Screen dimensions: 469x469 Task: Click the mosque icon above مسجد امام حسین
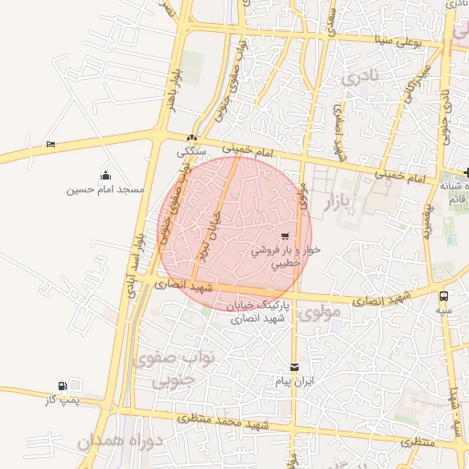[105, 175]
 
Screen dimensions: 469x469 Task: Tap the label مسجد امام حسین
[105, 190]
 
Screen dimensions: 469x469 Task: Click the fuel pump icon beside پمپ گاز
[62, 387]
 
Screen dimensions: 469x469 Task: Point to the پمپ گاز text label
[61, 400]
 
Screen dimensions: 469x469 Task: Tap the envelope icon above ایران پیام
[294, 366]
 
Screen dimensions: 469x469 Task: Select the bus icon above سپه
[444, 296]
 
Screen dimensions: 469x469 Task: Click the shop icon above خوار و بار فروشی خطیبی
[299, 235]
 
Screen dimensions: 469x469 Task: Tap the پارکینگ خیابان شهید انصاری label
[257, 311]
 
